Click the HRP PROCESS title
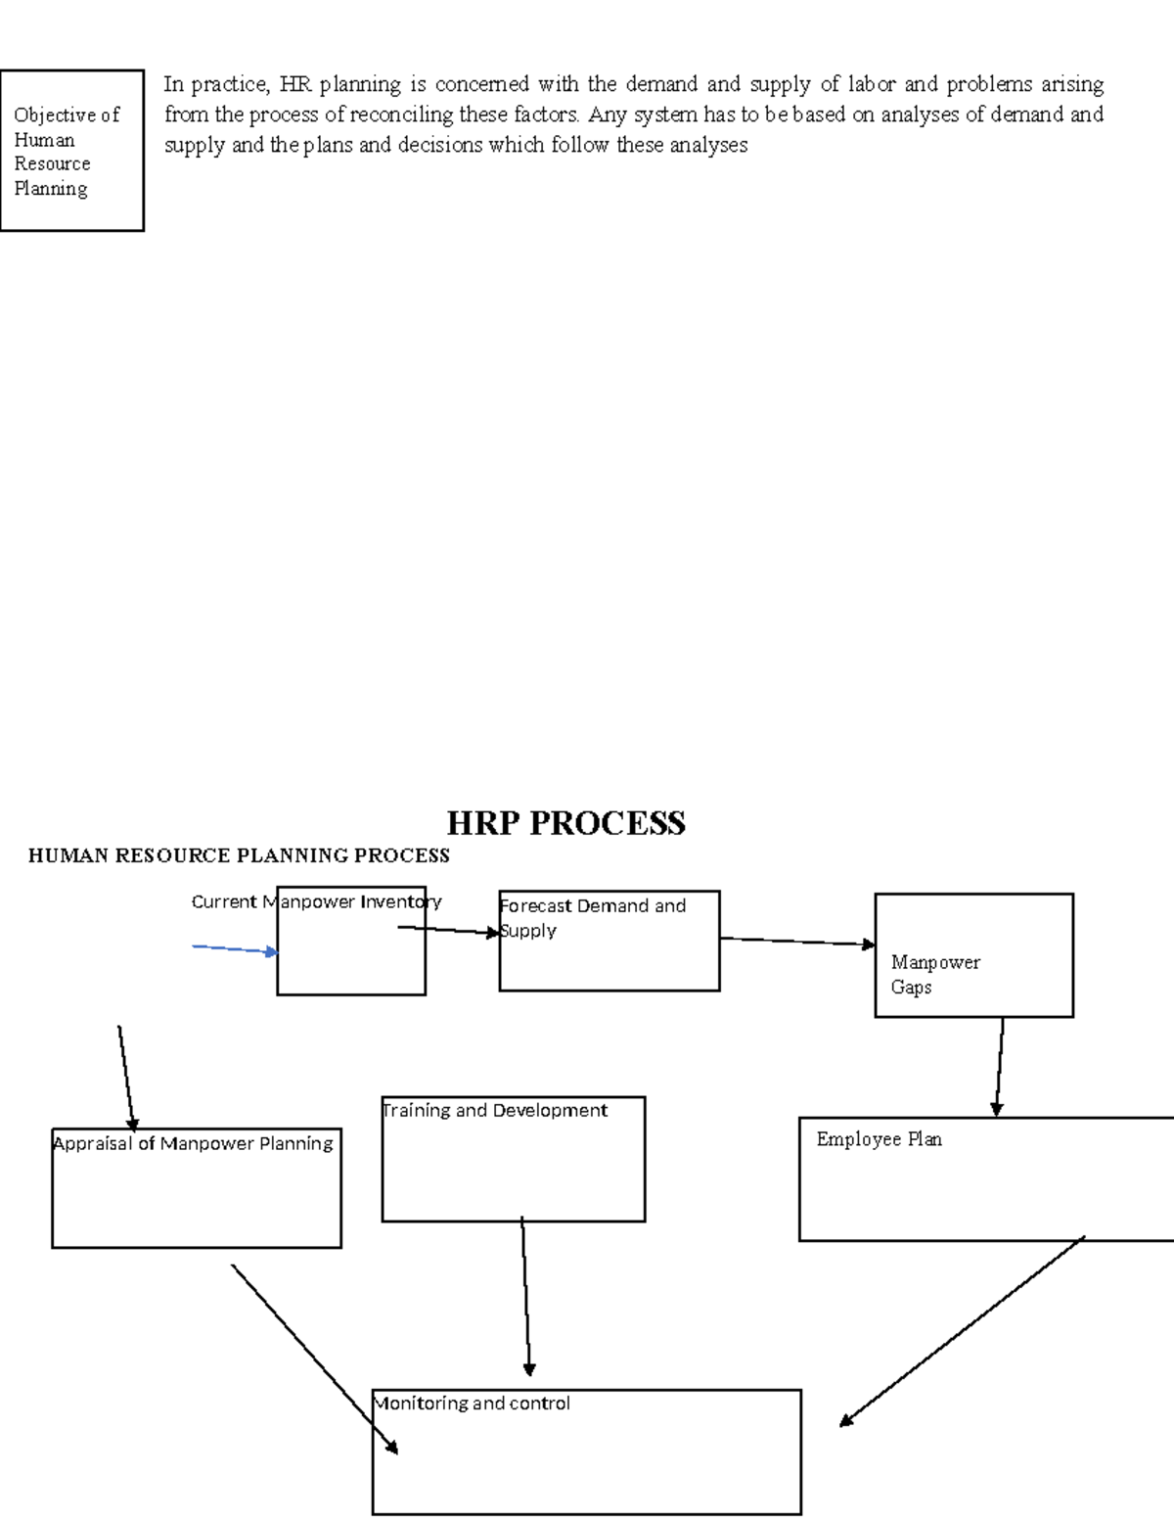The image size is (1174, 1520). (x=565, y=823)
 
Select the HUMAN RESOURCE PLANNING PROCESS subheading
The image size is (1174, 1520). (x=239, y=856)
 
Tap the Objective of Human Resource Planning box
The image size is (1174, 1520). (x=71, y=151)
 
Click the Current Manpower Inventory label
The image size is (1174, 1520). (x=316, y=901)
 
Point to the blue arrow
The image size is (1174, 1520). (x=235, y=949)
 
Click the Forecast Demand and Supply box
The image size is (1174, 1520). (x=609, y=941)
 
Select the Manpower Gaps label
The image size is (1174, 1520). (x=934, y=975)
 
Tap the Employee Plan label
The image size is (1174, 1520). (x=879, y=1139)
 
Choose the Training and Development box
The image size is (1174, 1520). (x=513, y=1159)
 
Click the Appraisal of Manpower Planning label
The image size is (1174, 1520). (x=193, y=1143)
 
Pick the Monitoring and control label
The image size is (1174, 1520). (x=472, y=1404)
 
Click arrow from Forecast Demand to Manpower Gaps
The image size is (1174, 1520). (x=796, y=942)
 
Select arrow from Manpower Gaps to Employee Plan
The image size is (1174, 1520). (x=999, y=1067)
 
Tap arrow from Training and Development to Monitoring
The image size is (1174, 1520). (x=525, y=1297)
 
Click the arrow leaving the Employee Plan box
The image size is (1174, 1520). (x=962, y=1331)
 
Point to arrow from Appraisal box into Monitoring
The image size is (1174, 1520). (x=314, y=1359)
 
